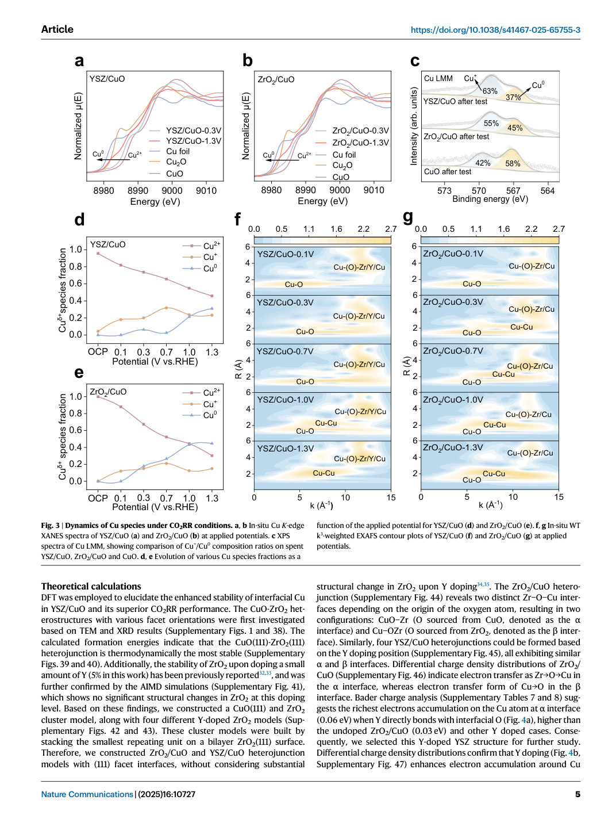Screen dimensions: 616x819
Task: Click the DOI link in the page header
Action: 495,30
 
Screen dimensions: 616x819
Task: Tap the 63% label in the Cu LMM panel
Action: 490,91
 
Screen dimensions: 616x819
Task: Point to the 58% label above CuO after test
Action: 513,163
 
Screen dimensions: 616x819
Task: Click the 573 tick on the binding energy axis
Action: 444,191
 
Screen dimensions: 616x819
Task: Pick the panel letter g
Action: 409,217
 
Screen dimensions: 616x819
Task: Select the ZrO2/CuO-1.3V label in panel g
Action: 453,447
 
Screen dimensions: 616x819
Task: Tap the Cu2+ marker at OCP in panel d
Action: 98,253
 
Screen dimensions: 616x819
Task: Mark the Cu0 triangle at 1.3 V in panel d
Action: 212,308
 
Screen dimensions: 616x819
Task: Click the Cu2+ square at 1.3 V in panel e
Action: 212,456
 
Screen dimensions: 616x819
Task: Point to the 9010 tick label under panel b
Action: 374,190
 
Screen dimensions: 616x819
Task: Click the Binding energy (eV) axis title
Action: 490,199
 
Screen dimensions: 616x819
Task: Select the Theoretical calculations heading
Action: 91,586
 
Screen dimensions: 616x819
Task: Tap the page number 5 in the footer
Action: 577,794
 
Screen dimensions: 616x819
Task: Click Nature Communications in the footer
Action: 87,794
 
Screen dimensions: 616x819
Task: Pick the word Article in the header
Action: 57,29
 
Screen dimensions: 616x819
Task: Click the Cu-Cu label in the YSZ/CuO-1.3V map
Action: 324,473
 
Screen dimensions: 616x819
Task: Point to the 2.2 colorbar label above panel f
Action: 363,229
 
